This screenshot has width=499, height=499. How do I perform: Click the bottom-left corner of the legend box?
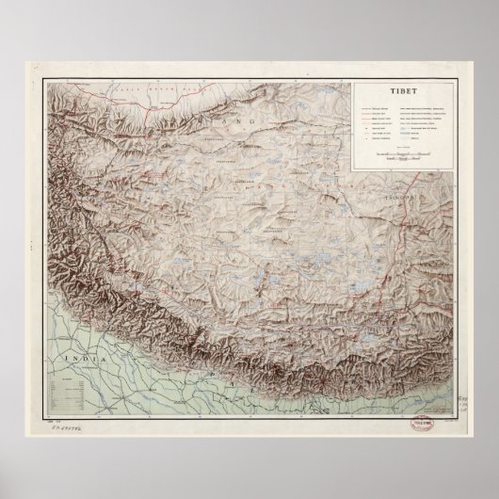pyautogui.click(x=353, y=170)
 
